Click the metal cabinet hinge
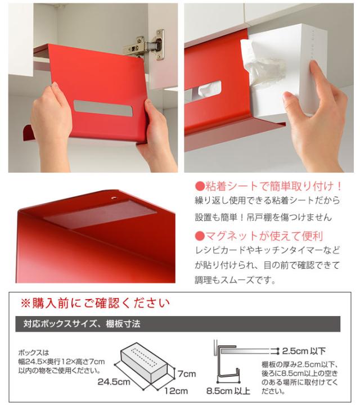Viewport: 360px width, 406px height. [147, 44]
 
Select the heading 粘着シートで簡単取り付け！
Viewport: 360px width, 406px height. [268, 186]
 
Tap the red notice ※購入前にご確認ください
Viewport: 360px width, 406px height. [95, 304]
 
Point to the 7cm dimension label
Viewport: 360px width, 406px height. [187, 373]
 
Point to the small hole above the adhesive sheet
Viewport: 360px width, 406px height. [115, 198]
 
